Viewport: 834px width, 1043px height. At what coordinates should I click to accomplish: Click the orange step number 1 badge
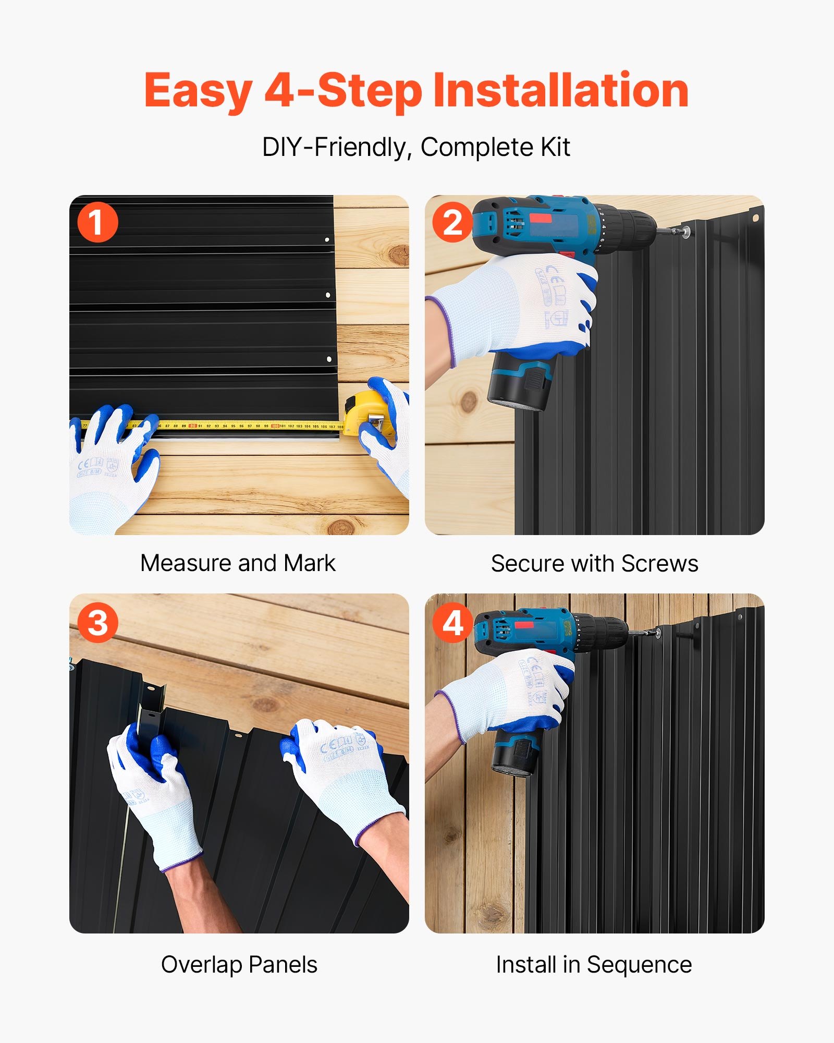(97, 222)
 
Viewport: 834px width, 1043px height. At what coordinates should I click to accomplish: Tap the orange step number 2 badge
(452, 222)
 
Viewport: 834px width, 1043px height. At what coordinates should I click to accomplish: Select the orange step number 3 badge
(97, 623)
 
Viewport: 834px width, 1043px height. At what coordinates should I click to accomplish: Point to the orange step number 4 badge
(452, 623)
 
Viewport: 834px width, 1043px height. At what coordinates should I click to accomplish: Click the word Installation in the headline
(561, 91)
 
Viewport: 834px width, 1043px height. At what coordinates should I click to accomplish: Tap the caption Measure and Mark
(238, 563)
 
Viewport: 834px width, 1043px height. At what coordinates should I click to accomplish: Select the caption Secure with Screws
(594, 564)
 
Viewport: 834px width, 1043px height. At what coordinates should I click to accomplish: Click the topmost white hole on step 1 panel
(327, 240)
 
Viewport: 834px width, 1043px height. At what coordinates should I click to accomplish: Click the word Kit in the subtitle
(556, 147)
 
